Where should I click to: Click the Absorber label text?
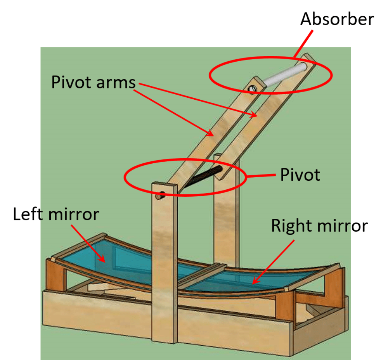click(x=337, y=19)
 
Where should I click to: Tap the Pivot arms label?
click(x=94, y=83)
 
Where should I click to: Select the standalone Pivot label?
click(x=300, y=175)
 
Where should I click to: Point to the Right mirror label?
click(x=319, y=225)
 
